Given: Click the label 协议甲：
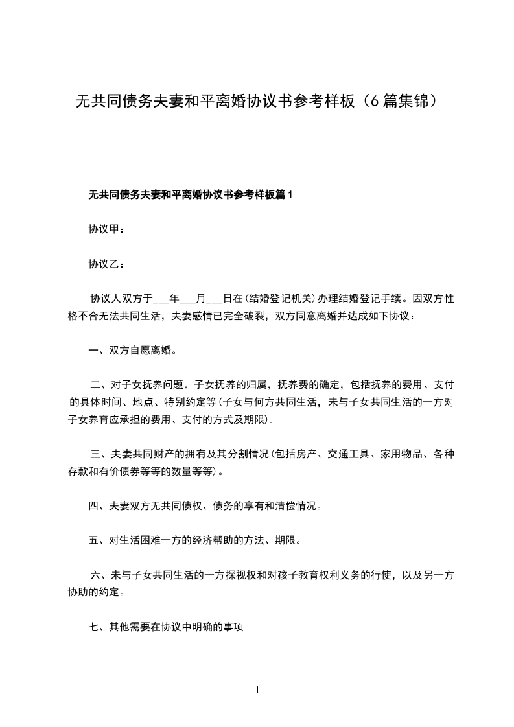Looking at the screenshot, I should tap(103, 229).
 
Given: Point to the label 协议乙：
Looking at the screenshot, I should tap(103, 264).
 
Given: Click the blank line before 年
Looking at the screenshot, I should tap(160, 299).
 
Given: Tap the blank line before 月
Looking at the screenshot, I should tap(187, 299).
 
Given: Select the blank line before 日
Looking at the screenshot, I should tap(214, 299).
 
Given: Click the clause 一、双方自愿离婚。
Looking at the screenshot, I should tap(132, 351).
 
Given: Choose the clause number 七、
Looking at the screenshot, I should tap(96, 627).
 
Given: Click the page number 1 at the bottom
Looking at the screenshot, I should tap(257, 691).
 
